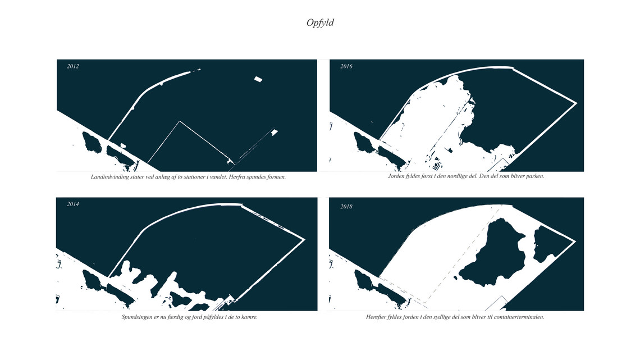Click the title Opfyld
[320, 23]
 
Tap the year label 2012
[72, 66]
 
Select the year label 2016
[346, 66]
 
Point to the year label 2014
[72, 204]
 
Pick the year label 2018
[346, 207]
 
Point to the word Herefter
[376, 317]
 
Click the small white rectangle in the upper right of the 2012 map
[258, 79]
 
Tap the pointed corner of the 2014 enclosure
[304, 239]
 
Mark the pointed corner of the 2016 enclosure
[576, 103]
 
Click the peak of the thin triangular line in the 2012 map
[180, 121]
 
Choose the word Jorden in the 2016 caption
[396, 176]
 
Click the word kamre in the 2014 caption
[249, 317]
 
